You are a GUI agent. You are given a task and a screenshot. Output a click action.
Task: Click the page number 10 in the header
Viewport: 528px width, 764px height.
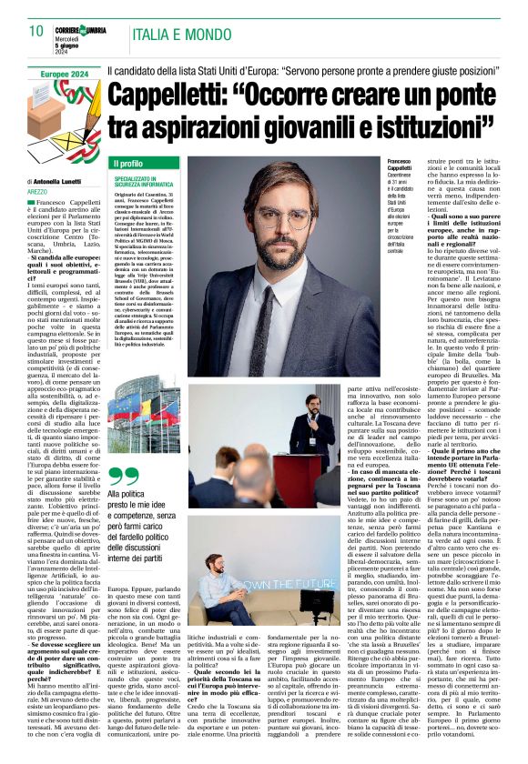click(x=36, y=31)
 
